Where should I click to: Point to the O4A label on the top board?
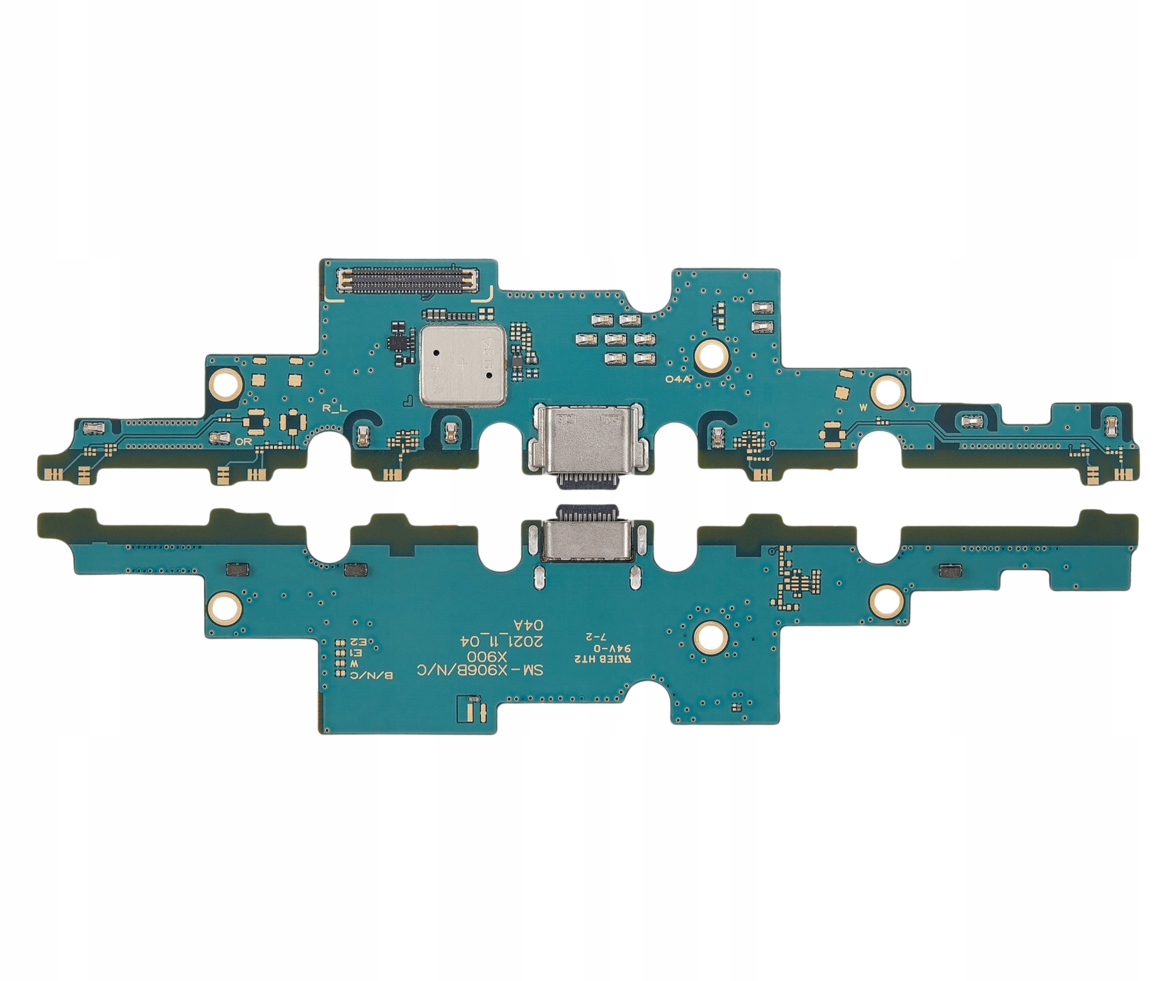(678, 378)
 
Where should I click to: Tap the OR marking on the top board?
(243, 441)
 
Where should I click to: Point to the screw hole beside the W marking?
(887, 390)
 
